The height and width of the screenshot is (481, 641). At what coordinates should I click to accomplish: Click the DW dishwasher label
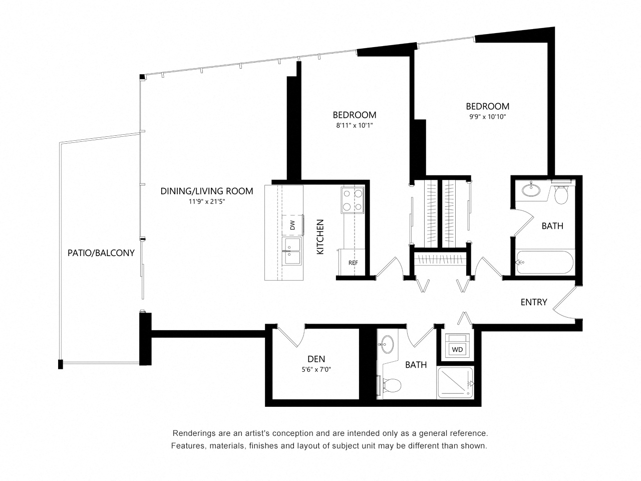pyautogui.click(x=292, y=226)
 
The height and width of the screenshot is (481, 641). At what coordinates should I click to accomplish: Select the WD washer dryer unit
pyautogui.click(x=457, y=349)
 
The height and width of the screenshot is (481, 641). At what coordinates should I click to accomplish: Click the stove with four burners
pyautogui.click(x=352, y=200)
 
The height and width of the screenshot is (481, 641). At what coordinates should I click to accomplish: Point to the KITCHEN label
pyautogui.click(x=320, y=236)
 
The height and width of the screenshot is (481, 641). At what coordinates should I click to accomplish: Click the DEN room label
pyautogui.click(x=316, y=359)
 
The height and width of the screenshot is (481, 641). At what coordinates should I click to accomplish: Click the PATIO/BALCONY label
pyautogui.click(x=101, y=253)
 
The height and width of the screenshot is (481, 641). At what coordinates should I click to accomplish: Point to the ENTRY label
pyautogui.click(x=533, y=302)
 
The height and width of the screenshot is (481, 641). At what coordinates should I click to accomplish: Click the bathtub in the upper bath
pyautogui.click(x=545, y=262)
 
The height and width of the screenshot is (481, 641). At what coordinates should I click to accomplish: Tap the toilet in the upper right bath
pyautogui.click(x=561, y=194)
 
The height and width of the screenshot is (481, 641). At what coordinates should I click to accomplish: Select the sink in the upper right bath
pyautogui.click(x=531, y=190)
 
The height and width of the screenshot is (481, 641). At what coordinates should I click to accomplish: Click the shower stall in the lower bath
pyautogui.click(x=455, y=383)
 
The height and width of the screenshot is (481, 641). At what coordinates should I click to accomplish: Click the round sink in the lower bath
pyautogui.click(x=386, y=344)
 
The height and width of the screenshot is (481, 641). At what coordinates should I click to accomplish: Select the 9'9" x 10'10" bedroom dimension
pyautogui.click(x=487, y=117)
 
